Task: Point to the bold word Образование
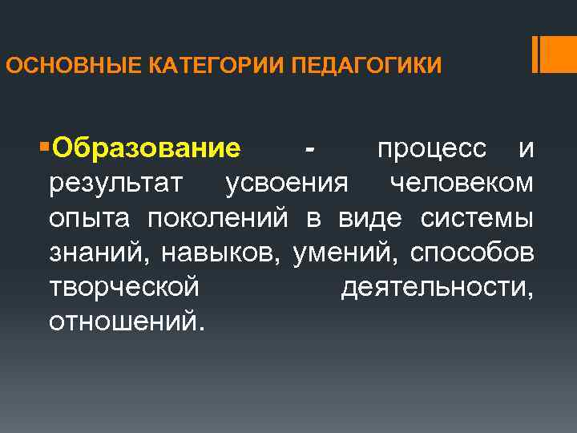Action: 147,149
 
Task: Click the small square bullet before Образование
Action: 42,147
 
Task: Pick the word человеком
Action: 461,184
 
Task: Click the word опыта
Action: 91,218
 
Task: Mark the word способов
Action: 472,253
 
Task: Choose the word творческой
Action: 123,287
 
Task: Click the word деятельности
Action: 438,287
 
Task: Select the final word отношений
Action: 127,322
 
